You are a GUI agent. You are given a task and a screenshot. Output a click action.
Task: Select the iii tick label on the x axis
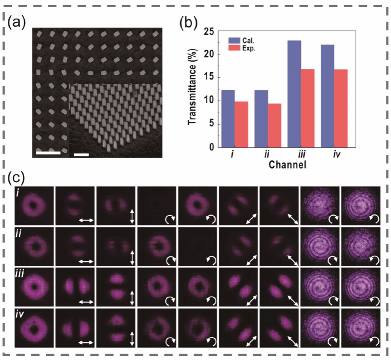(301, 155)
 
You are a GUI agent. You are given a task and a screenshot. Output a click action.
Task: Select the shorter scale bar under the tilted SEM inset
(81, 155)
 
